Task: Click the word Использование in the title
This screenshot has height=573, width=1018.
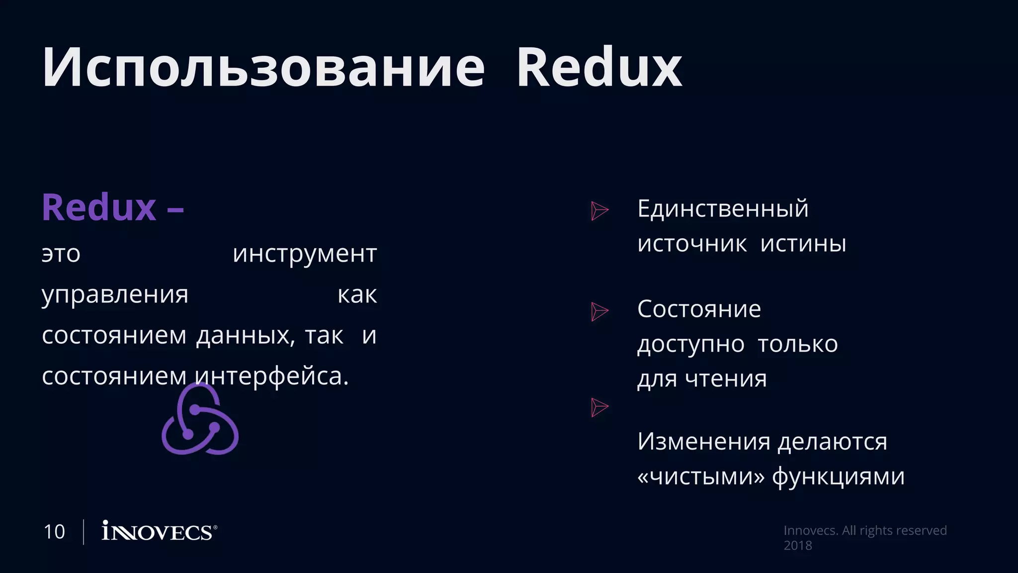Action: (x=263, y=68)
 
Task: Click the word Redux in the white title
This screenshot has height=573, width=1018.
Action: (x=599, y=68)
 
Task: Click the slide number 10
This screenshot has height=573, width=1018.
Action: (x=54, y=532)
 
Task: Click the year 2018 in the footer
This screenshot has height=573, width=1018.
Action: (x=797, y=545)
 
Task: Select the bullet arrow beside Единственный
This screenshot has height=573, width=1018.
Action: (x=599, y=210)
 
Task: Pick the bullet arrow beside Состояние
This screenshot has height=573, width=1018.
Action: (x=599, y=311)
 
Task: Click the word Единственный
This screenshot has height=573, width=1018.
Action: (x=723, y=208)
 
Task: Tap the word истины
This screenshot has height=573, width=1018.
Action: (x=803, y=244)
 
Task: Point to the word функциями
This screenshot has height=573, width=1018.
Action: (x=838, y=477)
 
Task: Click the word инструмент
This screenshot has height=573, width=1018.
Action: (x=305, y=254)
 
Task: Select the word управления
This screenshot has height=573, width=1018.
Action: (x=115, y=294)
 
